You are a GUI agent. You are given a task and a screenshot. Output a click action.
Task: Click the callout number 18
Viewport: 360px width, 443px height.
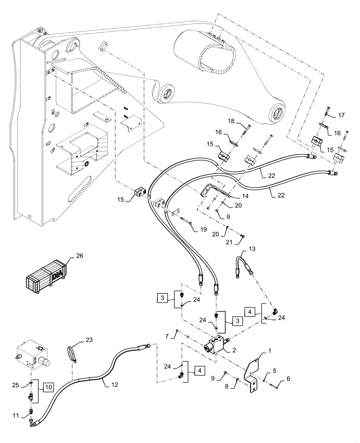231,121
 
